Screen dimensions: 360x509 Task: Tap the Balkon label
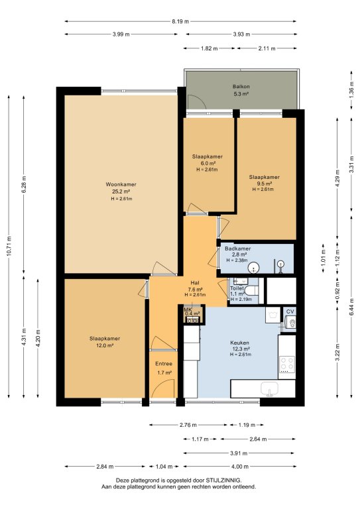point(241,87)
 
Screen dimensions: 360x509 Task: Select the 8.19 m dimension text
point(180,22)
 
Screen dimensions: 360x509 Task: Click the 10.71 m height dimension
point(9,247)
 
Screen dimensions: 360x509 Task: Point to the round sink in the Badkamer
point(253,268)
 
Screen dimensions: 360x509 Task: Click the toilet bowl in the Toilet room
point(251,290)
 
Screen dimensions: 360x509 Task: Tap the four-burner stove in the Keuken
point(287,365)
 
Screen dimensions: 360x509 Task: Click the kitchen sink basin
point(269,388)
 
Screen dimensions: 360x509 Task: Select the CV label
point(290,311)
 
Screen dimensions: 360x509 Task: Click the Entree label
point(164,364)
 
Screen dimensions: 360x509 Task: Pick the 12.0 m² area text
point(105,346)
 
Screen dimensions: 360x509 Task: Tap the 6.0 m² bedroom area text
point(207,163)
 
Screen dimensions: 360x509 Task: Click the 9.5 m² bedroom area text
point(264,184)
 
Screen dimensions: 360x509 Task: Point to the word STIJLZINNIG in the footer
point(223,480)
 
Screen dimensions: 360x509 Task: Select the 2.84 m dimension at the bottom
point(105,467)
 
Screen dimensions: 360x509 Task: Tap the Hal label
point(195,283)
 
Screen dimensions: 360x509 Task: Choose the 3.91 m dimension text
point(239,453)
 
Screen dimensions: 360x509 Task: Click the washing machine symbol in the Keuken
point(272,315)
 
